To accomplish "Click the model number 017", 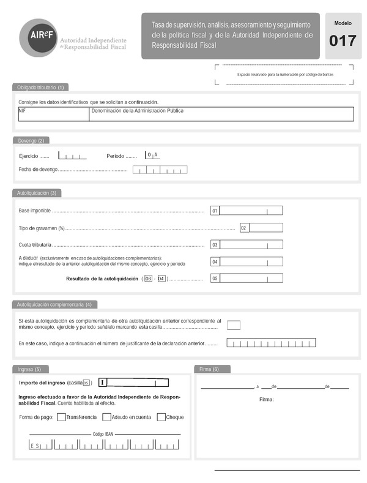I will pyautogui.click(x=343, y=41).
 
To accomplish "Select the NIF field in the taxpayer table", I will pyautogui.click(x=54, y=114).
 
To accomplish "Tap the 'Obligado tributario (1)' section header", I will pyautogui.click(x=40, y=87).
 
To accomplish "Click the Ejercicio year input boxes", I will pyautogui.click(x=72, y=155).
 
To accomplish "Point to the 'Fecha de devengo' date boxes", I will pyautogui.click(x=160, y=170).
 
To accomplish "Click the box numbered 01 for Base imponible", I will pyautogui.click(x=251, y=211).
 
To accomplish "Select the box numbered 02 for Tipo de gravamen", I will pyautogui.click(x=266, y=228).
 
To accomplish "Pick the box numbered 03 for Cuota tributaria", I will pyautogui.click(x=251, y=244).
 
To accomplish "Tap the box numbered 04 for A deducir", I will pyautogui.click(x=251, y=261).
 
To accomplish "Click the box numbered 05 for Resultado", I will pyautogui.click(x=251, y=278).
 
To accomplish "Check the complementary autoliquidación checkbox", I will pyautogui.click(x=234, y=325).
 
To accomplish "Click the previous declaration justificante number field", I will pyautogui.click(x=271, y=343).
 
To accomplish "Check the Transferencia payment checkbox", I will pyautogui.click(x=61, y=417).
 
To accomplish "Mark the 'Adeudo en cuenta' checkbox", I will pyautogui.click(x=106, y=417).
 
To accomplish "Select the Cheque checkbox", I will pyautogui.click(x=161, y=417).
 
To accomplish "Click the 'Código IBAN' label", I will pyautogui.click(x=103, y=433).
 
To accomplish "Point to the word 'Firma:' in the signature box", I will pyautogui.click(x=267, y=399).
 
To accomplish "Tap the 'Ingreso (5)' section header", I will pyautogui.click(x=29, y=369).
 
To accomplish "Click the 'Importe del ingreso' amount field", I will pyautogui.click(x=134, y=383).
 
